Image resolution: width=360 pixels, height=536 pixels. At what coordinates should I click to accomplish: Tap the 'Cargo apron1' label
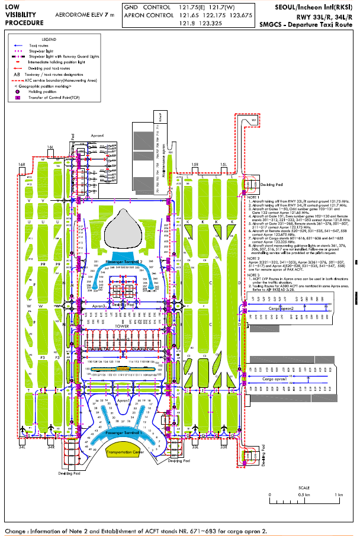point(276,378)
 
